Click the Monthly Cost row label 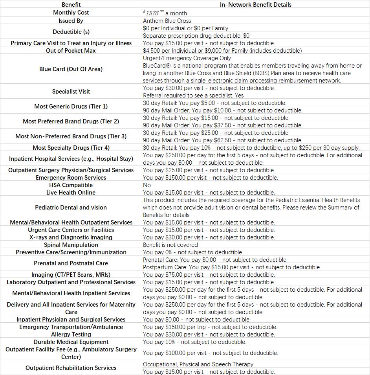(71, 13)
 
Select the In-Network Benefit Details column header (256, 5)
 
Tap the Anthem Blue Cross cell (167, 20)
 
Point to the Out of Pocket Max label (71, 50)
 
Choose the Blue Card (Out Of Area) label (71, 69)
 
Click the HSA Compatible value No (147, 185)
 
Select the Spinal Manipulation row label (71, 244)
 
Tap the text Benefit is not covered (170, 244)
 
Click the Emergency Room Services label (71, 177)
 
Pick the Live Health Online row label (71, 192)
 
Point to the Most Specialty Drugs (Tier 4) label (71, 147)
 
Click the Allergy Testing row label (71, 334)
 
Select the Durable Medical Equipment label (71, 342)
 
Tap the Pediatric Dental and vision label (71, 207)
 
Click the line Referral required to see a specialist (193, 95)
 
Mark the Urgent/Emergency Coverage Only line (187, 58)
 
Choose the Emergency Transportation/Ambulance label (71, 327)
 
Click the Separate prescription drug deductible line (196, 35)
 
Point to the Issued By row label (71, 20)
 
